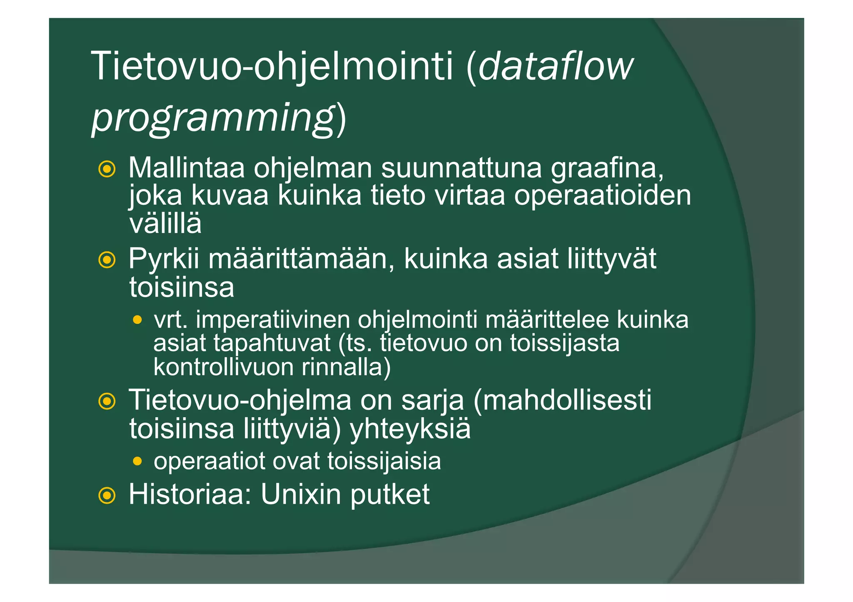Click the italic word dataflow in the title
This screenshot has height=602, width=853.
(556, 67)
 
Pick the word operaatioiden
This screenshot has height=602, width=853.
(602, 196)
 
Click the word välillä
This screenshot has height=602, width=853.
(165, 223)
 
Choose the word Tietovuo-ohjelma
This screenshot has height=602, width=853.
(240, 400)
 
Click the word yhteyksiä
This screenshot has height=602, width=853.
(410, 429)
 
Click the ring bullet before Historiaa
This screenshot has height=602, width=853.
(107, 495)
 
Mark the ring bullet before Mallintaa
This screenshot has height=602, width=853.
(107, 169)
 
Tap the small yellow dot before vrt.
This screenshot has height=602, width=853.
(137, 320)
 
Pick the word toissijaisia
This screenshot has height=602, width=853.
(384, 462)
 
